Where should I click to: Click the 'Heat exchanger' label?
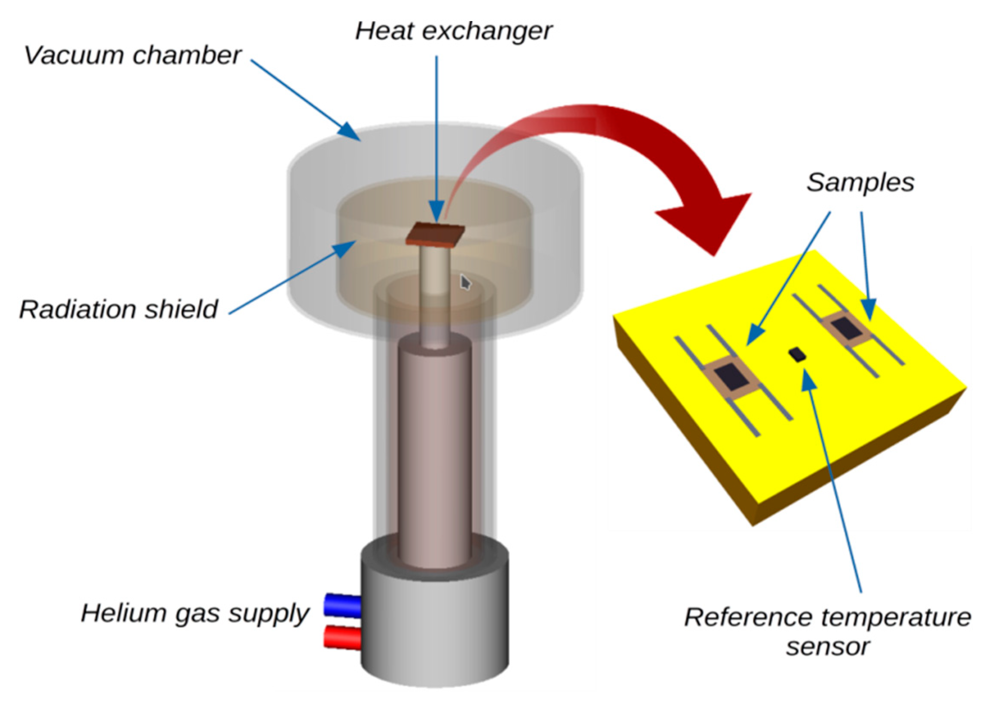(453, 31)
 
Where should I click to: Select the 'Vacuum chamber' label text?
(132, 55)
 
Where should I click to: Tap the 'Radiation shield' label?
(118, 309)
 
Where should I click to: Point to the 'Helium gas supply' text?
(195, 613)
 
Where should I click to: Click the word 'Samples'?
(860, 183)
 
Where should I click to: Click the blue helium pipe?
(343, 605)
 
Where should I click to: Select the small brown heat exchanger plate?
(435, 233)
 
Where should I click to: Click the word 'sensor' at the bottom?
(827, 646)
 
